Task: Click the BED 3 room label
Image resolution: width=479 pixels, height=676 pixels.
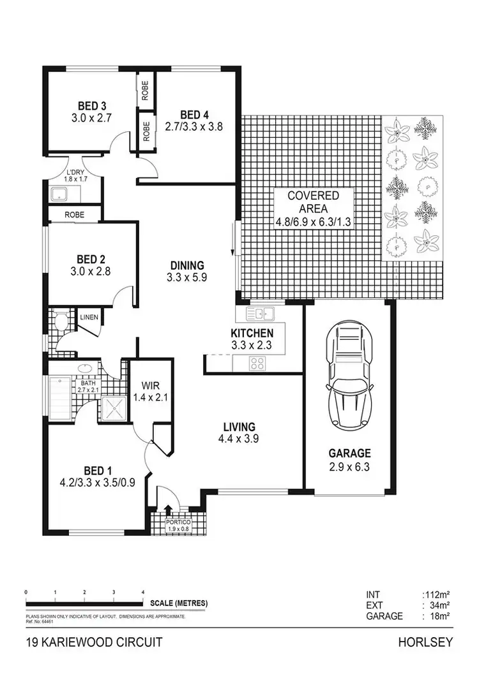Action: click(x=92, y=106)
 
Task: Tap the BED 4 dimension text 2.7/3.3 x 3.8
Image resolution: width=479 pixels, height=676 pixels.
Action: click(x=194, y=126)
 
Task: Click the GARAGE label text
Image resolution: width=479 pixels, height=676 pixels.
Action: click(x=349, y=453)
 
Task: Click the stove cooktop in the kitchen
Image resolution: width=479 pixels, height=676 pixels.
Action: click(x=257, y=364)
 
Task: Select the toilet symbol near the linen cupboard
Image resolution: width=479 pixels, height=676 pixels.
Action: click(x=61, y=321)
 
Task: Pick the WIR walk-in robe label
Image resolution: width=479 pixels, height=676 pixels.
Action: click(x=150, y=386)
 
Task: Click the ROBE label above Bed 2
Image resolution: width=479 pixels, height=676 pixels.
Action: click(x=75, y=215)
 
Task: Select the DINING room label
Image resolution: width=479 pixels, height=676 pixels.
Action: click(x=186, y=265)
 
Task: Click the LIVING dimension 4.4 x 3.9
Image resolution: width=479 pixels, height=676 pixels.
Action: click(x=240, y=438)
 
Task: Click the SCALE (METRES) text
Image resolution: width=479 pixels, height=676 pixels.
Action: click(x=179, y=603)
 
